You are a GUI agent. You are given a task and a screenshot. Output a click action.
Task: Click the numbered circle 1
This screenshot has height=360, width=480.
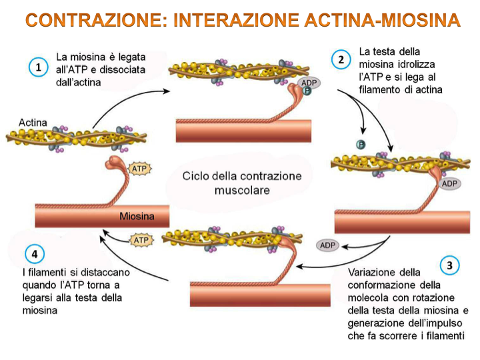39,67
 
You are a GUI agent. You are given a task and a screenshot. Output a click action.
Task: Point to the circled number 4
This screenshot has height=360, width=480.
34,254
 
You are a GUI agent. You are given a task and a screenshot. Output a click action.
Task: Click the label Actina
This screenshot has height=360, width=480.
33,122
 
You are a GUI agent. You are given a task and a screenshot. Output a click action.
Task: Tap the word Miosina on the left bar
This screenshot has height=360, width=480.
137,216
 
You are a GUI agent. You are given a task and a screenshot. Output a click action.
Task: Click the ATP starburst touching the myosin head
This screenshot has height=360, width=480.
139,169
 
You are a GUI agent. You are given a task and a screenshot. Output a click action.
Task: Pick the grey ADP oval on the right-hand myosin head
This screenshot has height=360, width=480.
451,183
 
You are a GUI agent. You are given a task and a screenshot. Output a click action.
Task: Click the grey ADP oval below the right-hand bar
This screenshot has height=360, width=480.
327,245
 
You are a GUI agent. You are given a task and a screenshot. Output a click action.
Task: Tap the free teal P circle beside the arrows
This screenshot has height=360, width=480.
359,144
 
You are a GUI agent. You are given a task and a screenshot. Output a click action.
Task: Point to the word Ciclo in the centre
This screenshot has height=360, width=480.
198,177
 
